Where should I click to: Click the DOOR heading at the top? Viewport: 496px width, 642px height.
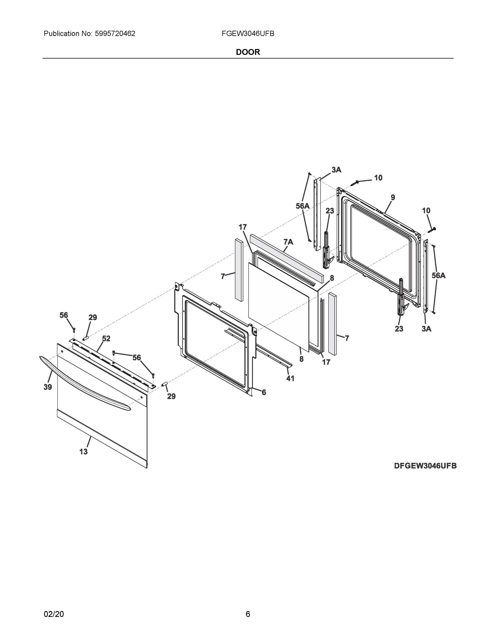tap(248, 52)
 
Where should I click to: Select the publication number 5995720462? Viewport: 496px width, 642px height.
tap(115, 34)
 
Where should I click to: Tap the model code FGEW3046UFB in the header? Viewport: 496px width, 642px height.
tap(248, 34)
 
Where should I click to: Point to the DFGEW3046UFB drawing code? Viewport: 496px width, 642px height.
tap(425, 466)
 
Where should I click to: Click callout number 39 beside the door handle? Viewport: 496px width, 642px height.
tap(48, 387)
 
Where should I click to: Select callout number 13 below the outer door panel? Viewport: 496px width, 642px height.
tap(83, 452)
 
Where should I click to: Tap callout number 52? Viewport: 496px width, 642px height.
tap(106, 339)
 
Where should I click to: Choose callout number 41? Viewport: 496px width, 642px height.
tap(290, 378)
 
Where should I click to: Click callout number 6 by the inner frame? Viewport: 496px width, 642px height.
tap(264, 392)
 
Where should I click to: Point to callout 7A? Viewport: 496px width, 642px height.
tap(288, 242)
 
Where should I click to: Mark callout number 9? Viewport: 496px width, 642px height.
tap(393, 197)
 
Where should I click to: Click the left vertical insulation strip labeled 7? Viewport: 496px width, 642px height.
tap(239, 270)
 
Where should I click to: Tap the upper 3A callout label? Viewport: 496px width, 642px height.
tap(336, 170)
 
